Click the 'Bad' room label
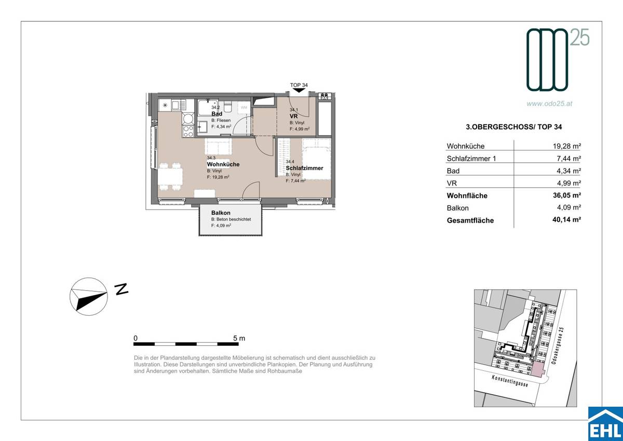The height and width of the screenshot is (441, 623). click(x=217, y=114)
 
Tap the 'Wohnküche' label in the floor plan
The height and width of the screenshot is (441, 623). click(x=223, y=164)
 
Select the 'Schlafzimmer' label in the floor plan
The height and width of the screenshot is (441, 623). click(x=304, y=168)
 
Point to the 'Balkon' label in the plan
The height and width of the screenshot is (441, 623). click(x=221, y=213)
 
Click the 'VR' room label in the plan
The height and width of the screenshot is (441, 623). click(x=293, y=116)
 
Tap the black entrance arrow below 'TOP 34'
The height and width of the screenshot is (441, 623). click(x=299, y=90)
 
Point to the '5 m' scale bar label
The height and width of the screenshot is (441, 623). click(x=239, y=338)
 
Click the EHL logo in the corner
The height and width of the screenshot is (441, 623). click(x=604, y=424)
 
